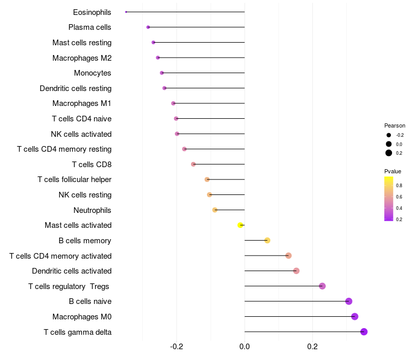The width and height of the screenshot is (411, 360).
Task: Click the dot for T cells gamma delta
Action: (364, 332)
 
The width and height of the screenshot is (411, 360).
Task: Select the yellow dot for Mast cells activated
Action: (240, 225)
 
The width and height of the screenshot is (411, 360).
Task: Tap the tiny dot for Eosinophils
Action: (126, 12)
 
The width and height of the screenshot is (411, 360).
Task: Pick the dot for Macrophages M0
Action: (354, 316)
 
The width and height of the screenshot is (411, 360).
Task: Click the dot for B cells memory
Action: (267, 240)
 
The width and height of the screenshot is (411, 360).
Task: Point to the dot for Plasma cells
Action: (148, 27)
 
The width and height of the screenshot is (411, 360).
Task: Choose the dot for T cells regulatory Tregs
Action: (322, 286)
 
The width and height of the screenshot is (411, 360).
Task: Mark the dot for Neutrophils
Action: (215, 210)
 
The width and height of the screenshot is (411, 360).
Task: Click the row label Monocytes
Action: (92, 73)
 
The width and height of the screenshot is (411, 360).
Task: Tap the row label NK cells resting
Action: (85, 195)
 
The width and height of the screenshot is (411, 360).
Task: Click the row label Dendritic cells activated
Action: (71, 271)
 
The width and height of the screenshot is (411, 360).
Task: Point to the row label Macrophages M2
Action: (82, 58)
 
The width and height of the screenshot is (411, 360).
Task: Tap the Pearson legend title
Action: (395, 125)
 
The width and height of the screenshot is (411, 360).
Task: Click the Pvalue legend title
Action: (393, 171)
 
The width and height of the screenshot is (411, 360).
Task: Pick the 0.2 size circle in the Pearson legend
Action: (389, 153)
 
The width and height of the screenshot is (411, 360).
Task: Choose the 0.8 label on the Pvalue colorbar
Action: (399, 185)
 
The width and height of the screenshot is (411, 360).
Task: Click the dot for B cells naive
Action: (349, 301)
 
